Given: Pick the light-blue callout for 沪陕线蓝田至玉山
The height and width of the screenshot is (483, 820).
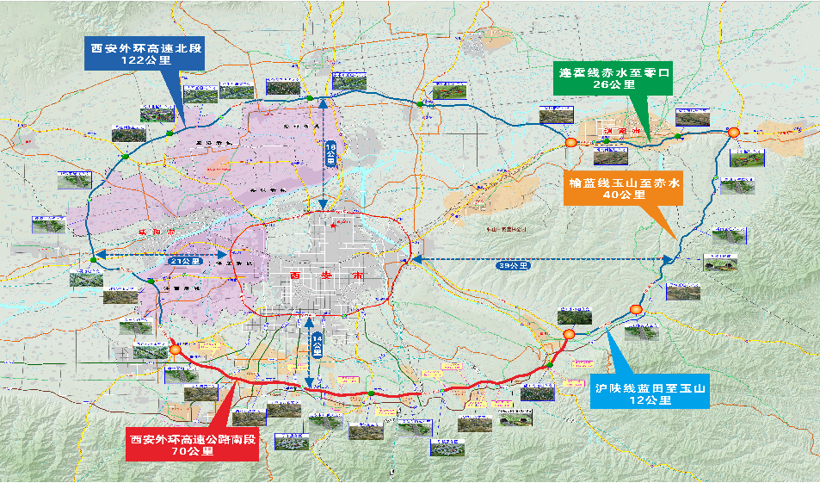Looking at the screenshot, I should coord(650,389).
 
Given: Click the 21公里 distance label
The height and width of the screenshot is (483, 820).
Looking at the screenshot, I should coord(185,260).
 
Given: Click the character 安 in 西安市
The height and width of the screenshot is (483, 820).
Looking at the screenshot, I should coord(318,276).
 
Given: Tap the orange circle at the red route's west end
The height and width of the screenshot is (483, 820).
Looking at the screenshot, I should coord(176,350).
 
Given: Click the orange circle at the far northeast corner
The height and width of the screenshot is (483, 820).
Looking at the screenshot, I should coord(732,132).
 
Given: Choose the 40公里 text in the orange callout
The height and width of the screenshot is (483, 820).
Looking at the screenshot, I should coord(624,195).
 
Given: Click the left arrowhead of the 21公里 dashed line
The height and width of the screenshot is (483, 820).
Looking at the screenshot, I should coord(96,255).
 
